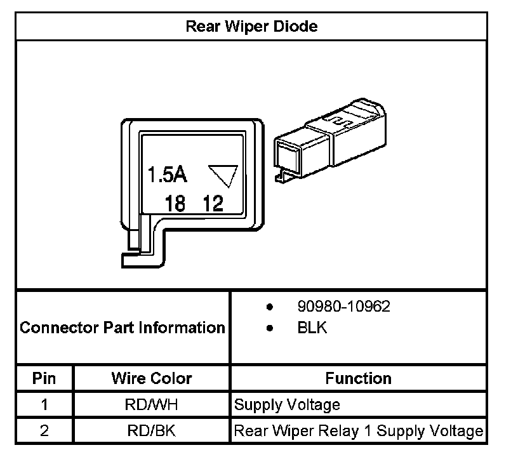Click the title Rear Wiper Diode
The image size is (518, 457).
(251, 27)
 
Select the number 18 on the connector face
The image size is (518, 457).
(175, 203)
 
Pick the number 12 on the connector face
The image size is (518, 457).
(213, 203)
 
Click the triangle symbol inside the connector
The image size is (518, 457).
(223, 175)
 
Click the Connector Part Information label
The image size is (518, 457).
(123, 328)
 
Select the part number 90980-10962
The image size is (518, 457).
(343, 307)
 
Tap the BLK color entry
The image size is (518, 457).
(311, 328)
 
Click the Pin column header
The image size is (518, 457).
(44, 379)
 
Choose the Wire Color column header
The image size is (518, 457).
(152, 379)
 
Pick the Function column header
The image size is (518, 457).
(358, 379)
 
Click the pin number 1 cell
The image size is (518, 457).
(44, 405)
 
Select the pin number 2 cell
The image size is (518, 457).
(44, 431)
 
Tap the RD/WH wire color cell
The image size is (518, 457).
(152, 405)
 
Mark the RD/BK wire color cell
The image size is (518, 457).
(152, 431)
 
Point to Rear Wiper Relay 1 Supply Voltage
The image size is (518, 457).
(359, 431)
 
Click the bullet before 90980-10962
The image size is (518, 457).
(270, 307)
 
